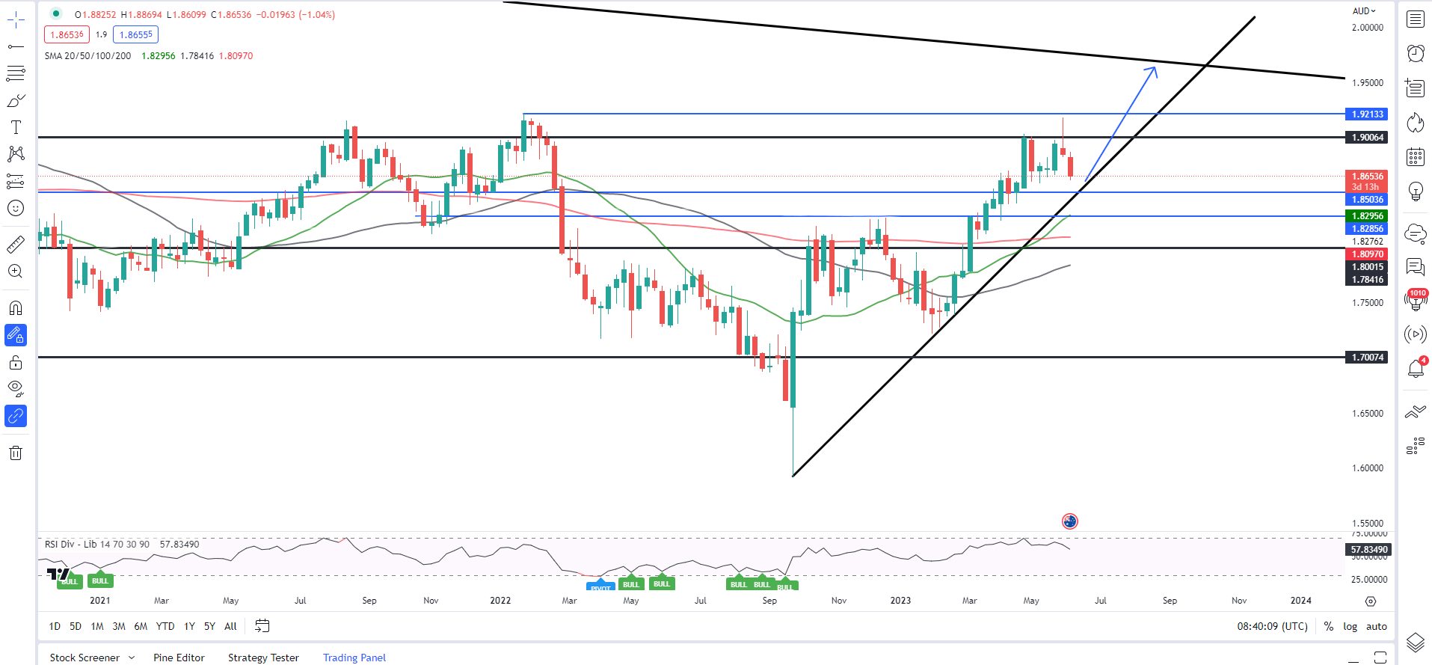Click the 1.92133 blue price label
[1367, 114]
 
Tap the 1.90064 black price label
[1367, 138]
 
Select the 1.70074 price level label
[1367, 358]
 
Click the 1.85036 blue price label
[1367, 200]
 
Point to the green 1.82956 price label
[1367, 216]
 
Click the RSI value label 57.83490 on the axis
[1368, 550]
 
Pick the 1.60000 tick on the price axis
[1368, 468]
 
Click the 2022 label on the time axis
[500, 601]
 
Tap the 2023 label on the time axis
[900, 601]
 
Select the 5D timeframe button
[76, 627]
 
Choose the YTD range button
[165, 627]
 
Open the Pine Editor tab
[179, 658]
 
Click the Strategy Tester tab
[263, 658]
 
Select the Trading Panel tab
[354, 658]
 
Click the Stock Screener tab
[84, 658]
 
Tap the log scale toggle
[1350, 627]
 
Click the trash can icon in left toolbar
[16, 453]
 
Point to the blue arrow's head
[1155, 69]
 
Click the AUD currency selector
[1364, 11]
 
